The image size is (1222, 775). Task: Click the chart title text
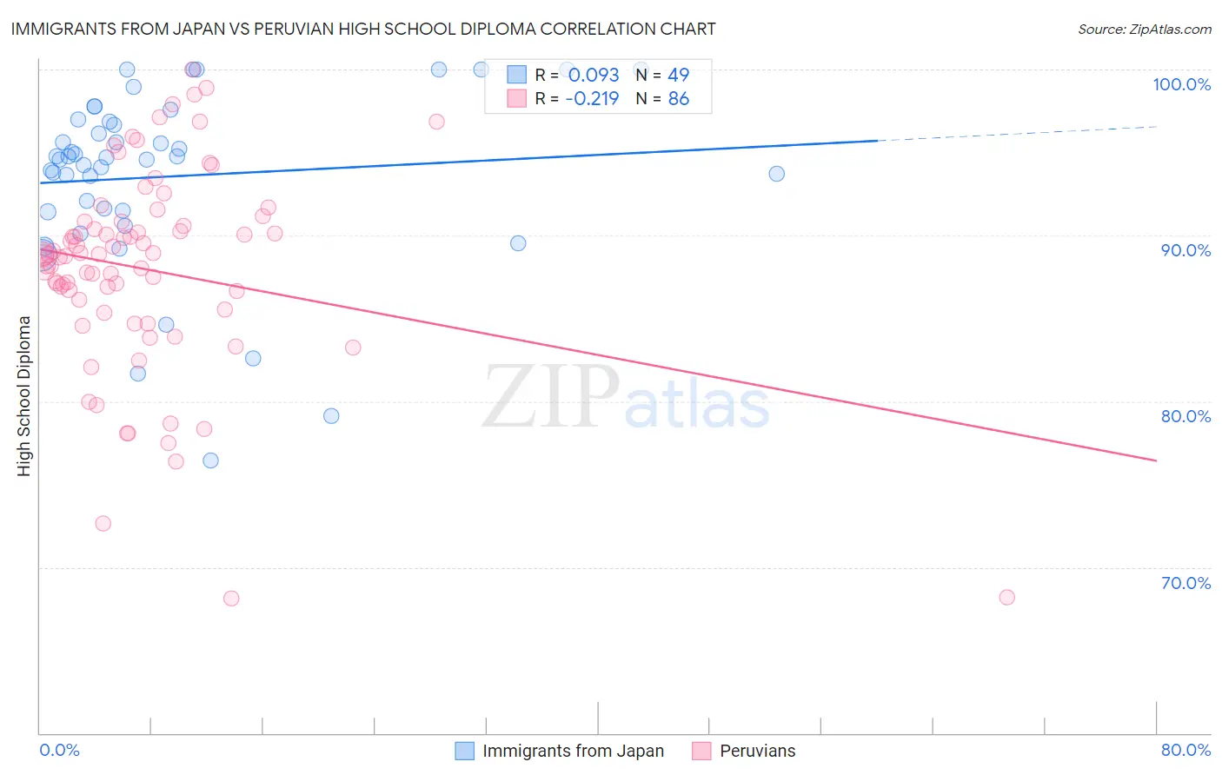pos(363,29)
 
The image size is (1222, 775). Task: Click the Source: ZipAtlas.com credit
pos(1144,29)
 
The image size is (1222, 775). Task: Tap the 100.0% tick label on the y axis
pos(1181,84)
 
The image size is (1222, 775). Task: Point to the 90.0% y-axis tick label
pos(1185,250)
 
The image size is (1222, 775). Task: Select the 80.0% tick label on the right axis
pos(1185,416)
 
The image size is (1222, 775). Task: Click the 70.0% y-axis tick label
pos(1185,583)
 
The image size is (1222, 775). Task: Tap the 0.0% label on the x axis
pos(59,750)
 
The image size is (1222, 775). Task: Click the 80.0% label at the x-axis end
pos(1185,750)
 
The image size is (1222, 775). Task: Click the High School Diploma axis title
pos(24,395)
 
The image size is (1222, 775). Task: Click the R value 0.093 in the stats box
pos(594,76)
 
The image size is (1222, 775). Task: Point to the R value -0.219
pos(592,99)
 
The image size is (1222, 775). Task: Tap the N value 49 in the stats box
pos(678,76)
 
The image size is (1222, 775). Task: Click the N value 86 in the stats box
pos(678,99)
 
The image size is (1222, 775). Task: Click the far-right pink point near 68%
pos(1006,597)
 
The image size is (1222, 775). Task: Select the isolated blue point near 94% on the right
pos(776,174)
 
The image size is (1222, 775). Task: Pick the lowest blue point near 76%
pos(210,460)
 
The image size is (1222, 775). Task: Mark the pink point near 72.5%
pos(103,523)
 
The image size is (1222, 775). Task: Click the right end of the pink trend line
pos(1156,460)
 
